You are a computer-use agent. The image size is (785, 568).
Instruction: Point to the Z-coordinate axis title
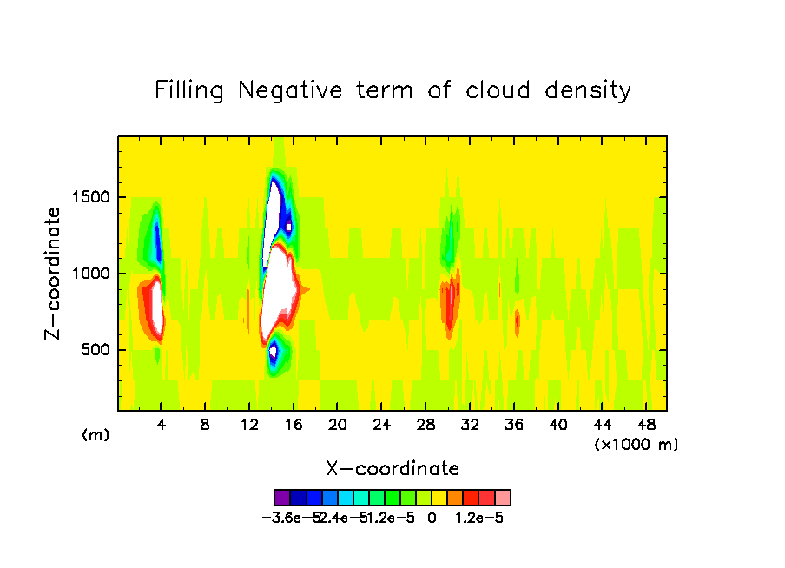(x=54, y=273)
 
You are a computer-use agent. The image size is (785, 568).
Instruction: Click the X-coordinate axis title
(x=392, y=469)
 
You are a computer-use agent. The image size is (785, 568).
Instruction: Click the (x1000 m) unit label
(x=637, y=444)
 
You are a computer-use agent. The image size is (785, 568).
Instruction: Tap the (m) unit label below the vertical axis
(x=96, y=434)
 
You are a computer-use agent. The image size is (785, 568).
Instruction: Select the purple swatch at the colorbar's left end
(x=281, y=498)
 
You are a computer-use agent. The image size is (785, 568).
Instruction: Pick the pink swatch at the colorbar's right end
(x=503, y=498)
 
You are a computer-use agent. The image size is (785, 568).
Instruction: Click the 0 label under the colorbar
(x=432, y=518)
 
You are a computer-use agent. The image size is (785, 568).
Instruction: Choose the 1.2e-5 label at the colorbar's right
(x=480, y=518)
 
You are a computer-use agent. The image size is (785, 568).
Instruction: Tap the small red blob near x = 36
(x=518, y=323)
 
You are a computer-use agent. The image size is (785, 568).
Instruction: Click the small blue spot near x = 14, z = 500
(x=274, y=352)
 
